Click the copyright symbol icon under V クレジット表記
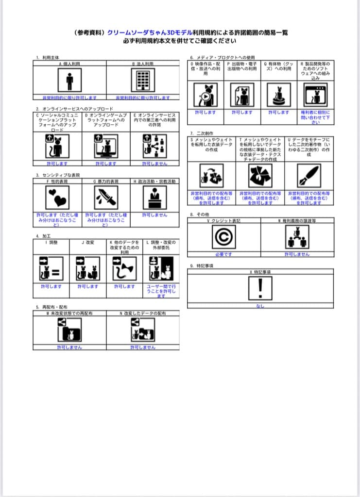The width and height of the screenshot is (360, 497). click(x=224, y=237)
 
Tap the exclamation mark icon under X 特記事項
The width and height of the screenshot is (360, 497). click(x=261, y=290)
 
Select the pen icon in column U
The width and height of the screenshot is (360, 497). click(x=309, y=176)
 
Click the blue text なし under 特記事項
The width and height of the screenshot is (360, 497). click(x=260, y=306)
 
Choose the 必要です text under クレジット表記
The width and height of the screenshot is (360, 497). click(x=224, y=254)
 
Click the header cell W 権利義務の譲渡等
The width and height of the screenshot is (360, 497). click(x=297, y=220)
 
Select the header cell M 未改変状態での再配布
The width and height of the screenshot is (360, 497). click(x=69, y=314)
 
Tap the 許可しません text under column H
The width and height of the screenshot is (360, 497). click(x=154, y=215)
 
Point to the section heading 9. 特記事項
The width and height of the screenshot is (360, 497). click(x=203, y=266)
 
